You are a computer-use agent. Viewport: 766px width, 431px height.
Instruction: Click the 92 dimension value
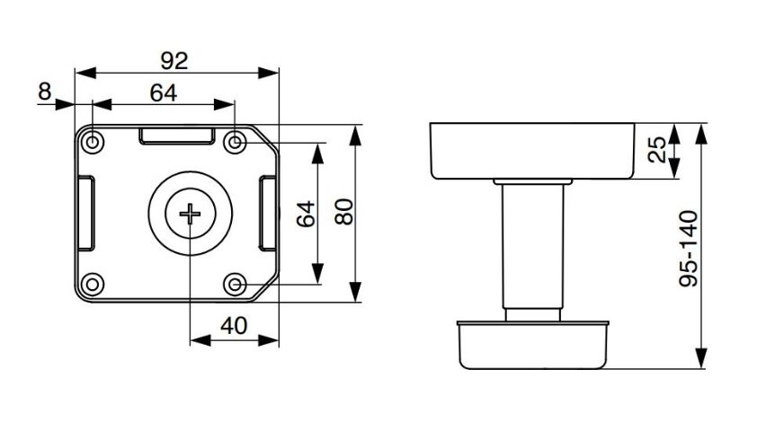(x=174, y=61)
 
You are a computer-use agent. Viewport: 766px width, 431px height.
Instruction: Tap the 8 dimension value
(x=44, y=92)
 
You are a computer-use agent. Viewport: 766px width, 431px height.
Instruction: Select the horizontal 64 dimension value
(x=163, y=92)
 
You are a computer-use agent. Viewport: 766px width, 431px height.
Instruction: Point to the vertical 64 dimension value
(x=307, y=214)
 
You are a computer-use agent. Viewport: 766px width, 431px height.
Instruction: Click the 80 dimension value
(x=344, y=212)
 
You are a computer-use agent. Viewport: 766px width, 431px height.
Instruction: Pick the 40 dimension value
(x=234, y=326)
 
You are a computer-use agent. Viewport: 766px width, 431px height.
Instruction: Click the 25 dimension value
(x=657, y=149)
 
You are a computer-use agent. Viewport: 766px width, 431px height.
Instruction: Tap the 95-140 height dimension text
(x=690, y=249)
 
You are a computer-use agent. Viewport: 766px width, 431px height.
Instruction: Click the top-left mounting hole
(x=93, y=143)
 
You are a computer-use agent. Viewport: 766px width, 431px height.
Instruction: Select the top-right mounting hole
(x=236, y=143)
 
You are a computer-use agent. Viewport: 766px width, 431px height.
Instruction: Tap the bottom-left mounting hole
(x=93, y=285)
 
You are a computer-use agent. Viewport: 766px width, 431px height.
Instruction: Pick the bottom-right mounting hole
(x=236, y=285)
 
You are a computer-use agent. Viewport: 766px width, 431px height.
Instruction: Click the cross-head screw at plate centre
(x=190, y=214)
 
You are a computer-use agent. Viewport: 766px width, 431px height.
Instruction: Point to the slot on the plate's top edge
(x=177, y=136)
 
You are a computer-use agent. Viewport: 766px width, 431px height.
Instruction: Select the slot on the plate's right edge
(x=268, y=214)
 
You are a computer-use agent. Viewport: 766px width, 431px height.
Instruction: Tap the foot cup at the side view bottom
(x=533, y=345)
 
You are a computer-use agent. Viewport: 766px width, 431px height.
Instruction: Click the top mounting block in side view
(x=532, y=151)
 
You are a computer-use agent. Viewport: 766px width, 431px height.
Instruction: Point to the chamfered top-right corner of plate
(x=266, y=137)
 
